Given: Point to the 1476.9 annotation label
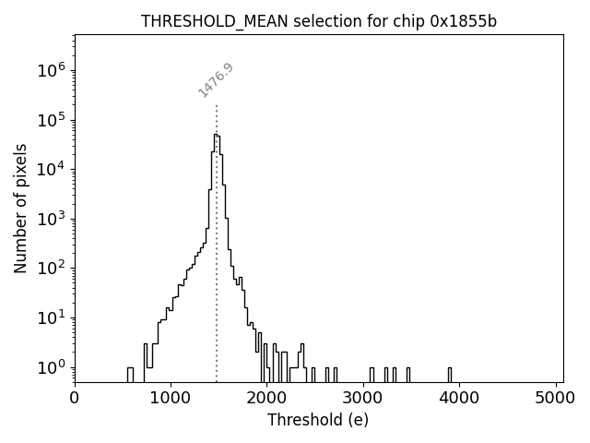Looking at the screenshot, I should [x=216, y=80].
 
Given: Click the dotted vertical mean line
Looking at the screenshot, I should [x=217, y=277].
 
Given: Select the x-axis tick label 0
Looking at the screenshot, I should [x=75, y=398].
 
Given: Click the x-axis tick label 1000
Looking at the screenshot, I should [x=171, y=398].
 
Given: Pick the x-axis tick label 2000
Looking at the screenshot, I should [x=267, y=398].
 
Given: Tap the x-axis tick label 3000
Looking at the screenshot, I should [x=363, y=398].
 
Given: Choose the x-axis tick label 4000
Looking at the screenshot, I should [x=460, y=398].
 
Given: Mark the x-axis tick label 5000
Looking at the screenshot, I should [x=556, y=398].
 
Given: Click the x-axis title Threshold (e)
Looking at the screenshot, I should [x=318, y=420].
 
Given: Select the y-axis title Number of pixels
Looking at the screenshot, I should [x=20, y=208].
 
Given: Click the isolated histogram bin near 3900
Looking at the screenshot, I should [x=450, y=374].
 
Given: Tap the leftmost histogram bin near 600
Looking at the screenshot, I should [x=130, y=374].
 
